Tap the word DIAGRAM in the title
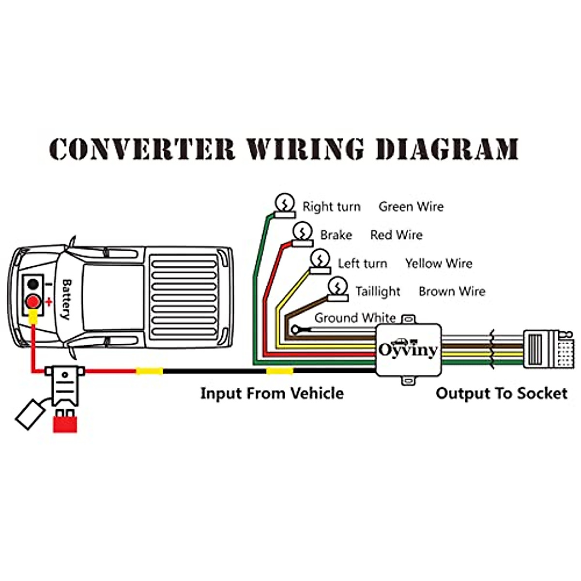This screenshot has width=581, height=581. pos(447,149)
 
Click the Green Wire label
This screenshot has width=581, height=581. pos(411,207)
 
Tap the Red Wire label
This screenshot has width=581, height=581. pos(396,235)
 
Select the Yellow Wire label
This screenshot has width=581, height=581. pos(439,263)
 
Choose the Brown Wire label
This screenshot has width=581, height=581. pos(452,291)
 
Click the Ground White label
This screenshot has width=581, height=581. pos(355,318)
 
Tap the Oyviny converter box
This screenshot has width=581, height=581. pos(409,350)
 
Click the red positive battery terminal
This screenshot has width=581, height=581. pos(33,301)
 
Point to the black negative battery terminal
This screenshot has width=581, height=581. pos(33,284)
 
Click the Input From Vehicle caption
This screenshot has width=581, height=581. pos(272,393)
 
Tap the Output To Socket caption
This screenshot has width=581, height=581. pos(501,393)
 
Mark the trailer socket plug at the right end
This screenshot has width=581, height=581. pos(547,349)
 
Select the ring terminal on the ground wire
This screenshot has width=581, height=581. pos(295,330)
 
